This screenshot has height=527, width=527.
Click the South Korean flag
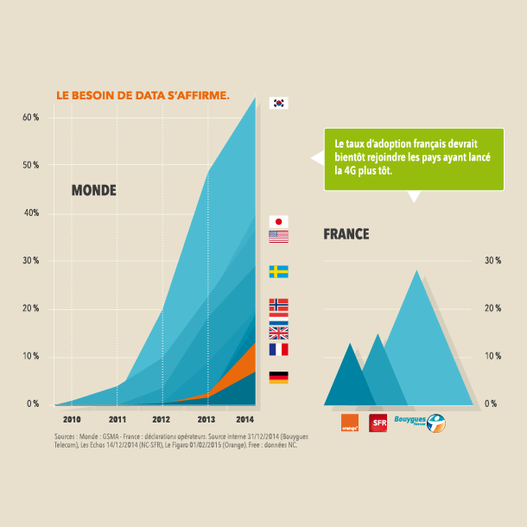pos(278,103)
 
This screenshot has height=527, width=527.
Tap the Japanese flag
pos(278,221)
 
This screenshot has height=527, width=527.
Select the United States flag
pos(278,236)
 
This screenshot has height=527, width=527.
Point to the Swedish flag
pos(278,271)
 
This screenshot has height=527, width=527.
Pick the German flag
pos(278,377)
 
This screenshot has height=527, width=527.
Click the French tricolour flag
pos(278,349)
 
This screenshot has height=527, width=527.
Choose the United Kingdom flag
pos(278,333)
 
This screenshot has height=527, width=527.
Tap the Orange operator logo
pos(350,423)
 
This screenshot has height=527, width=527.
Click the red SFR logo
pos(378,423)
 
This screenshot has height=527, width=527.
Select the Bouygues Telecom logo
pos(418,422)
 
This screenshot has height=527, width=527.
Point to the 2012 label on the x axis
pos(162,418)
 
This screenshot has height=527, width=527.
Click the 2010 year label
pos(73,418)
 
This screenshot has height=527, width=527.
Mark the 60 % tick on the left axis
pos(31,117)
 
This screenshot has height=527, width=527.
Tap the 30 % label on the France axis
pos(492,261)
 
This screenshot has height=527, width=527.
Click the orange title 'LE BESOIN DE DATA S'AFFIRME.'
pos(143,95)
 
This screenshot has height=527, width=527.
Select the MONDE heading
pos(93,190)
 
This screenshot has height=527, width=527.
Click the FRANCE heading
pos(346,233)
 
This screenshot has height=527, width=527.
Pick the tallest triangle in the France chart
pos(418,346)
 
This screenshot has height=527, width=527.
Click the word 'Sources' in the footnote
pos(66,437)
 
